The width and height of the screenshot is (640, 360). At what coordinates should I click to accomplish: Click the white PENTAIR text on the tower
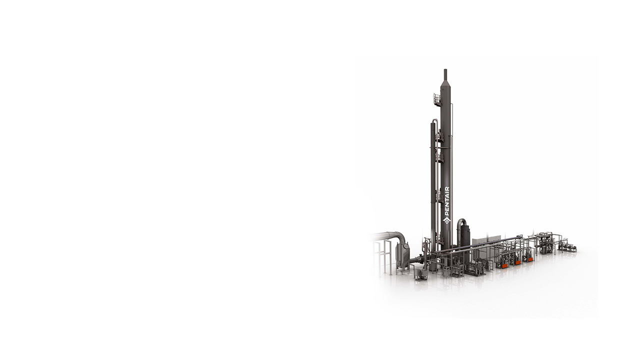click(447, 201)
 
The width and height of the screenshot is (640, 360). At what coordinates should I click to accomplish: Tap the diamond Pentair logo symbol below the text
click(447, 220)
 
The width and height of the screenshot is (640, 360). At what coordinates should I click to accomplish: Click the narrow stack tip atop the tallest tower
click(445, 75)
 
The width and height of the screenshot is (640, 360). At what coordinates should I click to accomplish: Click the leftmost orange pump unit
click(505, 265)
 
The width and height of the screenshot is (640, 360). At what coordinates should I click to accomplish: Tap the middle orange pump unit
click(518, 262)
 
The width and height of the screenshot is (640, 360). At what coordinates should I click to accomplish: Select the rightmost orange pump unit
click(530, 259)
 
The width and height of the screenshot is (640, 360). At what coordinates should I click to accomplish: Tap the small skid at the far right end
click(567, 246)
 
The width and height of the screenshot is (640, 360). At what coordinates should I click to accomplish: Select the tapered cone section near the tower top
click(445, 85)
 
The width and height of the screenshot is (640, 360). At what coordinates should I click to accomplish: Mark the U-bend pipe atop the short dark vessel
click(461, 223)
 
